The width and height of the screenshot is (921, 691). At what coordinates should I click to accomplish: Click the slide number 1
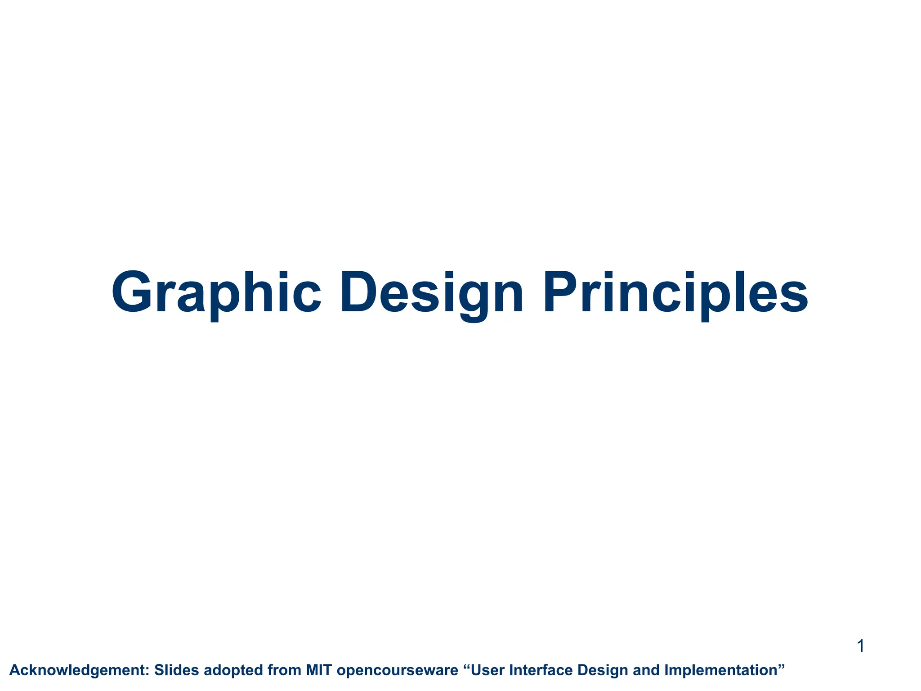pyautogui.click(x=860, y=646)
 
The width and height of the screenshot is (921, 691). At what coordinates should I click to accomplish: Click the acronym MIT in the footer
pyautogui.click(x=319, y=670)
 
